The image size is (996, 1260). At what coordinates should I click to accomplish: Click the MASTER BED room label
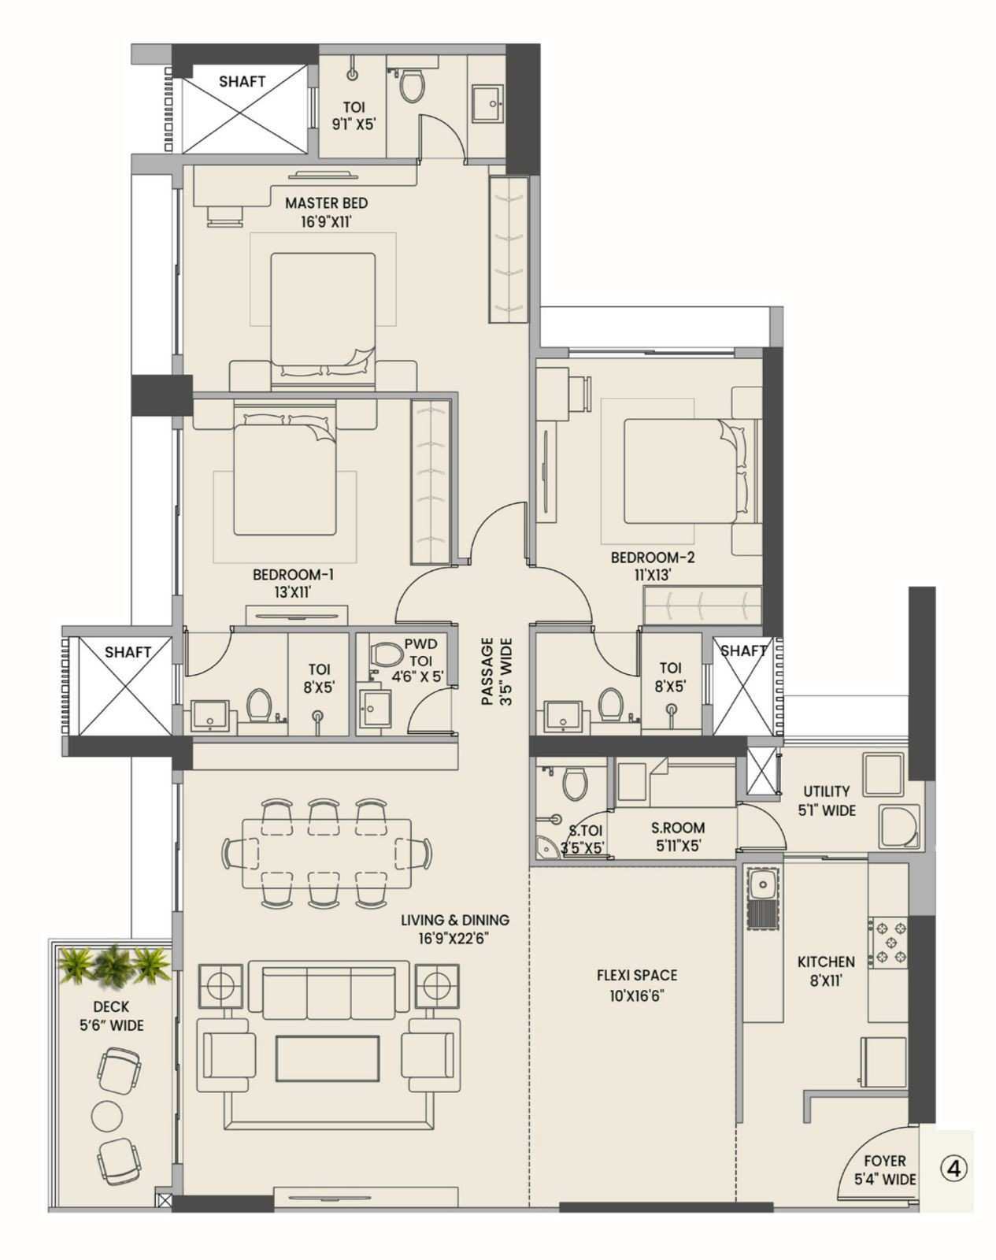[x=326, y=212]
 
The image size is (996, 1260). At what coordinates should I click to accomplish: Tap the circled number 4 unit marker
[x=953, y=1169]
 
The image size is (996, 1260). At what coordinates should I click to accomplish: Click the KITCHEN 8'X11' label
[x=826, y=971]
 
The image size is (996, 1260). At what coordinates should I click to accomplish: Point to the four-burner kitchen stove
[x=888, y=942]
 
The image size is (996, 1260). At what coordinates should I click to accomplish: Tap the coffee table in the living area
[x=327, y=1058]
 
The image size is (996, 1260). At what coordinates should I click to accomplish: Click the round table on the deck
[x=107, y=1115]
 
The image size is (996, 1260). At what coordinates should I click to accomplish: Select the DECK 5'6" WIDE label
[x=111, y=1016]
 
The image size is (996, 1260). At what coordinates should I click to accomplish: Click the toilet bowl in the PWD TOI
[x=386, y=654]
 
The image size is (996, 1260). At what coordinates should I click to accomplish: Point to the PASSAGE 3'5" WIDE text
[x=496, y=671]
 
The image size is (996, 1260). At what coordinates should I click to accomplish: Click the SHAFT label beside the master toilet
[x=242, y=81]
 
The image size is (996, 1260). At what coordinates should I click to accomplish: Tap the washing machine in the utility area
[x=899, y=828]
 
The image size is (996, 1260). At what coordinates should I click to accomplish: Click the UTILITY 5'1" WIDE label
[x=826, y=800]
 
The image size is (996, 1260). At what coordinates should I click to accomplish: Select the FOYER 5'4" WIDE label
[x=885, y=1169]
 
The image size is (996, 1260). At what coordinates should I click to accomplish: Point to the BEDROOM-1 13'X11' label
[x=283, y=584]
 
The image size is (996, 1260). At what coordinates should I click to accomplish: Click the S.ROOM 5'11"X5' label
[x=678, y=837]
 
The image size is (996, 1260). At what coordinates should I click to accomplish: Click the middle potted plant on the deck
[x=111, y=964]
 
